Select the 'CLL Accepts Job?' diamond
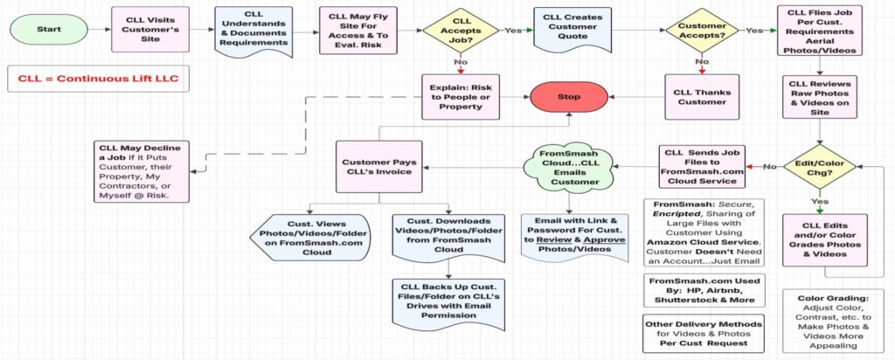click(462, 30)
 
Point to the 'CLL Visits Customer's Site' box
click(148, 29)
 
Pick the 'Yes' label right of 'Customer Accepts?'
click(753, 29)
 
